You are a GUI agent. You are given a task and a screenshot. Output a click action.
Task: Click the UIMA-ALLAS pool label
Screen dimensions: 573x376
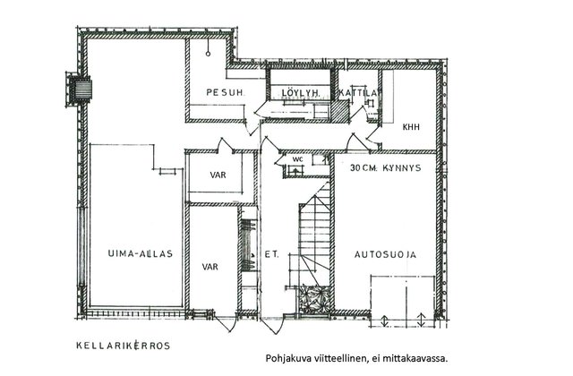click(140, 253)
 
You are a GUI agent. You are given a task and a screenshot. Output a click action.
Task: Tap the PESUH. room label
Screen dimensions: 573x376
click(225, 92)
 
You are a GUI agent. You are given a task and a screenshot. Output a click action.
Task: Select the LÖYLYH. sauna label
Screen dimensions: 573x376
click(301, 93)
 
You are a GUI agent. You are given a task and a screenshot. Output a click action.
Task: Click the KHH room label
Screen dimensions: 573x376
click(411, 127)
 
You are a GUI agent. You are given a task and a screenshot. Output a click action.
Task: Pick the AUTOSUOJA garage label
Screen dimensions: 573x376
click(385, 254)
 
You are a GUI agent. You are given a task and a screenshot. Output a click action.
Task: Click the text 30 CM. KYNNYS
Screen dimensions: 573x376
click(385, 168)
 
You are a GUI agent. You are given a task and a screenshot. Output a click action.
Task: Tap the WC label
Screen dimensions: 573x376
click(298, 159)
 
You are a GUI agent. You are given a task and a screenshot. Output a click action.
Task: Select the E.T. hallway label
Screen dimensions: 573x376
click(271, 254)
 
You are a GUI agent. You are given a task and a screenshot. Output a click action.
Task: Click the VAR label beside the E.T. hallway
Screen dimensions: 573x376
click(210, 267)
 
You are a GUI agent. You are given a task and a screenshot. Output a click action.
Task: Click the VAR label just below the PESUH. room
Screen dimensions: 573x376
click(218, 175)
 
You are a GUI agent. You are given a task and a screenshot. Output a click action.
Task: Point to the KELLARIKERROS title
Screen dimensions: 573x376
click(124, 346)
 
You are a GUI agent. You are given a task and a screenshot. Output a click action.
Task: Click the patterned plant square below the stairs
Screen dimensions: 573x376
click(314, 299)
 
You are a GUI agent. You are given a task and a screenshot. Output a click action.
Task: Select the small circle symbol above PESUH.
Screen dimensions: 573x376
click(208, 54)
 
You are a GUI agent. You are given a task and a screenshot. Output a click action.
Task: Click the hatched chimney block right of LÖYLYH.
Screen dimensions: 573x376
click(339, 110)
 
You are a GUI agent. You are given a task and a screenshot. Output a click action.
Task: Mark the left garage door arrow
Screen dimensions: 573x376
click(384, 320)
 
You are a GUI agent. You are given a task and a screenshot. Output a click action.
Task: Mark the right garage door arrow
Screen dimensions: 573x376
click(421, 320)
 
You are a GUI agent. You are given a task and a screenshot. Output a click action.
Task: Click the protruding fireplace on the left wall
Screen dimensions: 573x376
click(78, 90)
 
